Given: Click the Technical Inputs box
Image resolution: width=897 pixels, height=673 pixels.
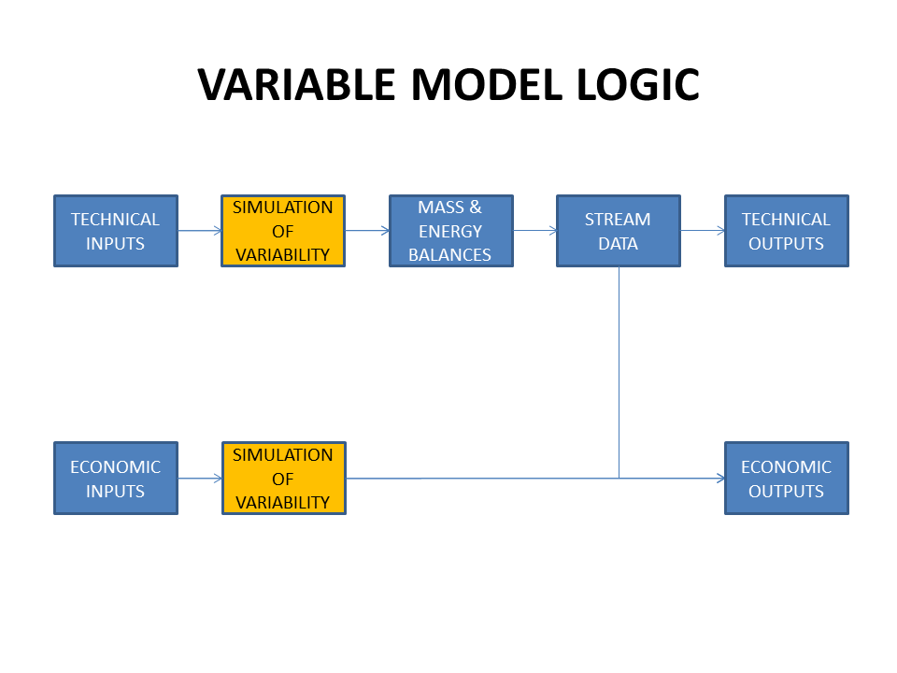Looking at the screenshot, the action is coord(116,231).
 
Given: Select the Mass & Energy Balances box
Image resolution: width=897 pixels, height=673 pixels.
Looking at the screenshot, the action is coord(450,231).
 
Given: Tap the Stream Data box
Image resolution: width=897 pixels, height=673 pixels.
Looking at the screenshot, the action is coord(619,231).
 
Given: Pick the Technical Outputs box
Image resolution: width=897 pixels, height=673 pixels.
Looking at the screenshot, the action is coord(787,231).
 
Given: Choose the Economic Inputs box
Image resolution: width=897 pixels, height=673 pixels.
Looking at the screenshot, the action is coord(116,478).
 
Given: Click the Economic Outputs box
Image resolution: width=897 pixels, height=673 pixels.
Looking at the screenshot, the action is coord(787,478).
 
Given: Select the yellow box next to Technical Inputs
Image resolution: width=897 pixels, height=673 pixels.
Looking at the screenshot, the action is coord(283,231).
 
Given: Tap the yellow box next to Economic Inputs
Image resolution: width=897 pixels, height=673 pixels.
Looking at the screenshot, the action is coord(284,478).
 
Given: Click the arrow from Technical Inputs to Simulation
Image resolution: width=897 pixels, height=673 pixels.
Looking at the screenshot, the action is coord(200,231).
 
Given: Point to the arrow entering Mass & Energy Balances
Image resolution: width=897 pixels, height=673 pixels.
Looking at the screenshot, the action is coord(367,231).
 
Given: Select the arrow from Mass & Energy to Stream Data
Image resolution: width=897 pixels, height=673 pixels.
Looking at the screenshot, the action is coord(534,231).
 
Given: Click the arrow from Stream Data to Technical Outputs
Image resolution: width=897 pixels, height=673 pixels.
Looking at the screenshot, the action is coord(703,231).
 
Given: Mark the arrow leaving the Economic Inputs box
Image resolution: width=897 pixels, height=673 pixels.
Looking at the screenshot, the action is coord(200,478).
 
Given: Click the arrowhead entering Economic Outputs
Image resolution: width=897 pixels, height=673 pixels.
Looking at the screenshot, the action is coord(720,478).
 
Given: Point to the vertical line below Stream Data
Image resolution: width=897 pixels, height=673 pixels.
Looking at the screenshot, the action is coord(619,373).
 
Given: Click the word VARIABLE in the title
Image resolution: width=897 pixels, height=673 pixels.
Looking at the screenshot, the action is coord(296,85).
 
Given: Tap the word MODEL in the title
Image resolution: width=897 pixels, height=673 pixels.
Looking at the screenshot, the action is coord(487,85).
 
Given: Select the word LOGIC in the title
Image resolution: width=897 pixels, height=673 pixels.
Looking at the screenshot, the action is coord(638,85).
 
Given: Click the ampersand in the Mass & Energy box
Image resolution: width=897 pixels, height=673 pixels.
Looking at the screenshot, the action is coord(476,207).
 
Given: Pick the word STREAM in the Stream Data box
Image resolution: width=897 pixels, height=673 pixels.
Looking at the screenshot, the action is coord(618,219).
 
